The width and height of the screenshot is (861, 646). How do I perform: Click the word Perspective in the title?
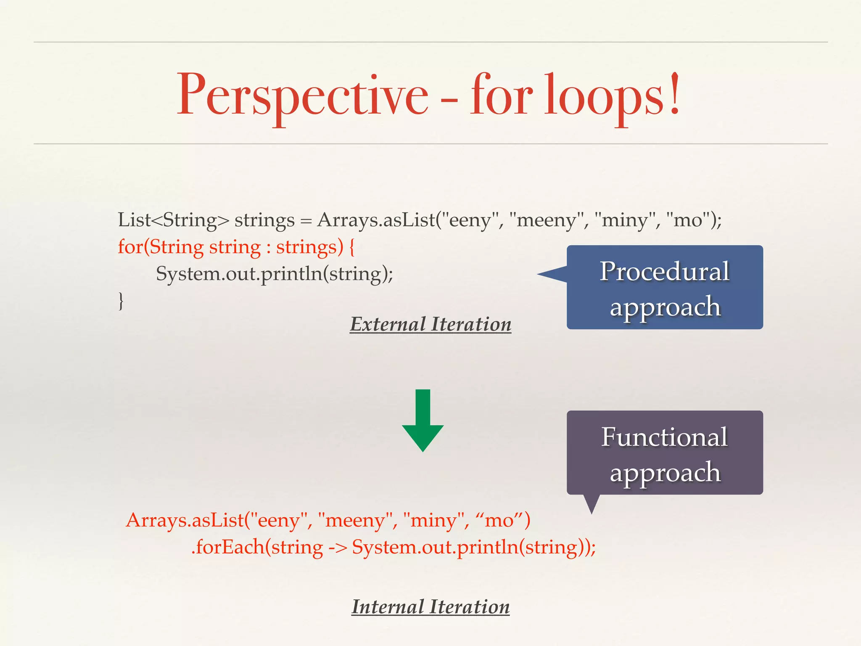(x=302, y=96)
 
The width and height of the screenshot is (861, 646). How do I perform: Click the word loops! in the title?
(x=612, y=96)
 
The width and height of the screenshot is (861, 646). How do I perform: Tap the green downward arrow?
(x=423, y=421)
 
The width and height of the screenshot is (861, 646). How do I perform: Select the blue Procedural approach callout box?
(x=665, y=287)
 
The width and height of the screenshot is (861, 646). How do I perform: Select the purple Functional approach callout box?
(x=665, y=453)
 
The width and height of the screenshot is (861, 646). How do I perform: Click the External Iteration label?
(x=430, y=324)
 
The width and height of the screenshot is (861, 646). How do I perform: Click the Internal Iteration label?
(x=430, y=607)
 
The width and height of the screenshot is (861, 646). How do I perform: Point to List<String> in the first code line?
(x=174, y=220)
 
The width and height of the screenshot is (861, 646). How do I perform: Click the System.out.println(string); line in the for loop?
(x=274, y=274)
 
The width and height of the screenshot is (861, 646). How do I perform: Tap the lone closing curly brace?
(x=121, y=301)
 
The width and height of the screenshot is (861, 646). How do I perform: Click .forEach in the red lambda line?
(x=227, y=547)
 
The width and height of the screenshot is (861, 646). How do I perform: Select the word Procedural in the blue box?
(x=664, y=271)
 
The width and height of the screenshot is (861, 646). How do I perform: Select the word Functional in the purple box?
(x=664, y=437)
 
